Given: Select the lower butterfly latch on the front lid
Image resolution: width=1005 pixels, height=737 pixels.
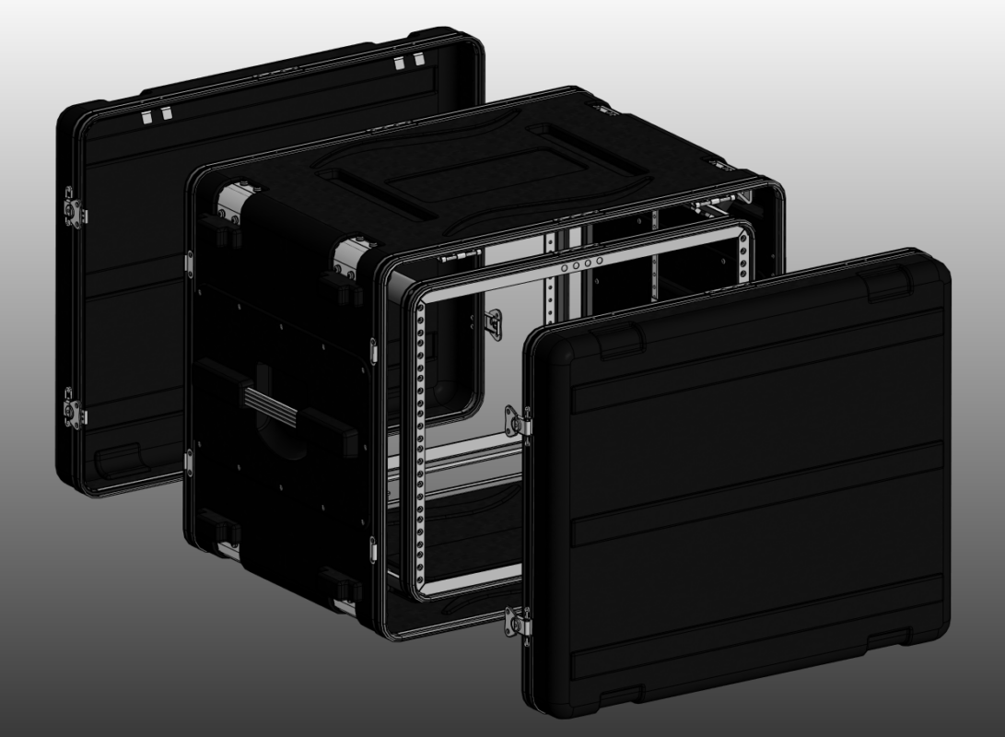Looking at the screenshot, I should (x=520, y=624).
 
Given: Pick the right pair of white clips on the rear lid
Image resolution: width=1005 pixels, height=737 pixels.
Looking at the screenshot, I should (x=405, y=63).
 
